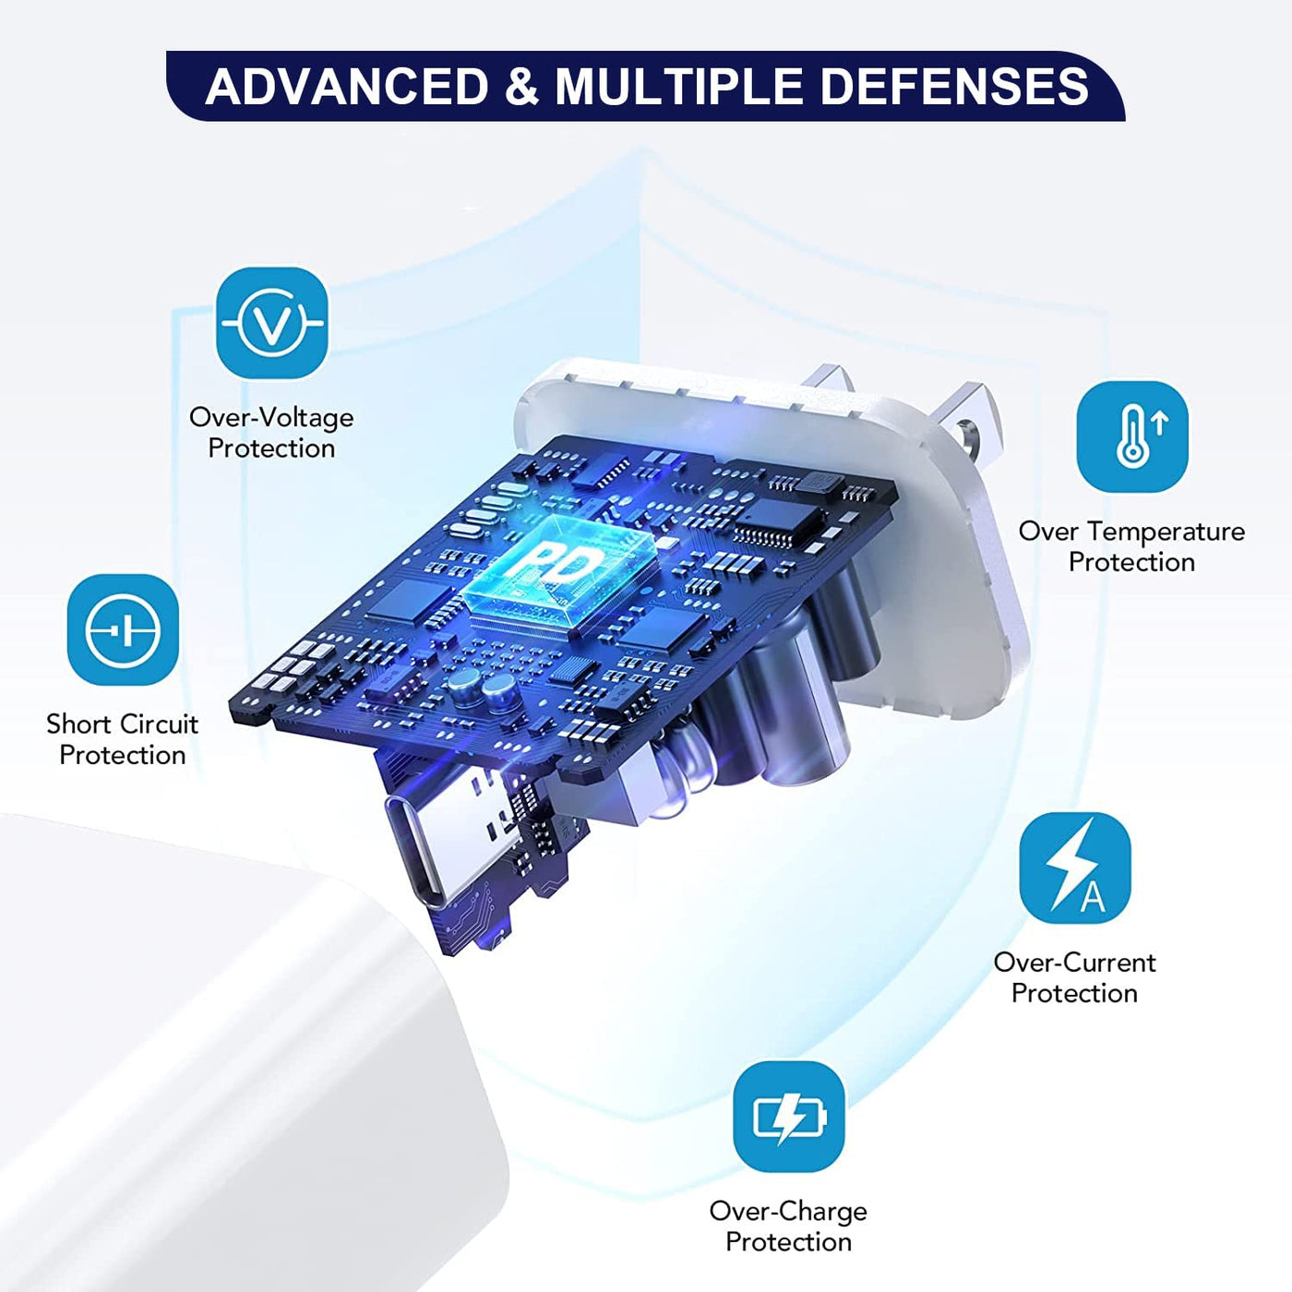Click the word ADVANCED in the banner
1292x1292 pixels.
click(347, 87)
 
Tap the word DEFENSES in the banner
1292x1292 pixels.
click(954, 87)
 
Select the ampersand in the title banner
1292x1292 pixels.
click(521, 87)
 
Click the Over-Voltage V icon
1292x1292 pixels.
click(272, 322)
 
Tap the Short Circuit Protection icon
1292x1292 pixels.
click(123, 629)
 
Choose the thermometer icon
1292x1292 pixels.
click(1131, 437)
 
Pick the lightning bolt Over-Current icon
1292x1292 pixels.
click(1075, 867)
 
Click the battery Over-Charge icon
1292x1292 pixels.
click(788, 1117)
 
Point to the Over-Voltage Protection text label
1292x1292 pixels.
click(271, 433)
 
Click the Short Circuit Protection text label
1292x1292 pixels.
click(123, 739)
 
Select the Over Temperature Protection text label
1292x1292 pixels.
click(1131, 546)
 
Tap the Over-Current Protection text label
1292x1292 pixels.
click(1075, 977)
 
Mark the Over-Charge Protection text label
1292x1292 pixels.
click(788, 1226)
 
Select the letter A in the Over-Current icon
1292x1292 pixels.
click(1092, 896)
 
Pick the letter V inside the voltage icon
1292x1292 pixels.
click(272, 325)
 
